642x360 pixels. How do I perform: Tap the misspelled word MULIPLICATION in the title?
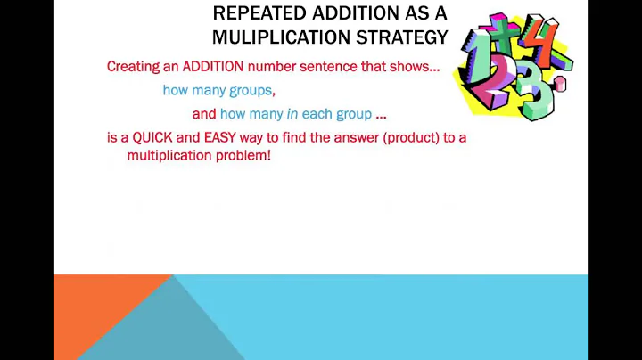pos(290,37)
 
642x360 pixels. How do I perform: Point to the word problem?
pos(245,155)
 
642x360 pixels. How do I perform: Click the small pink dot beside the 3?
pos(559,86)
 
